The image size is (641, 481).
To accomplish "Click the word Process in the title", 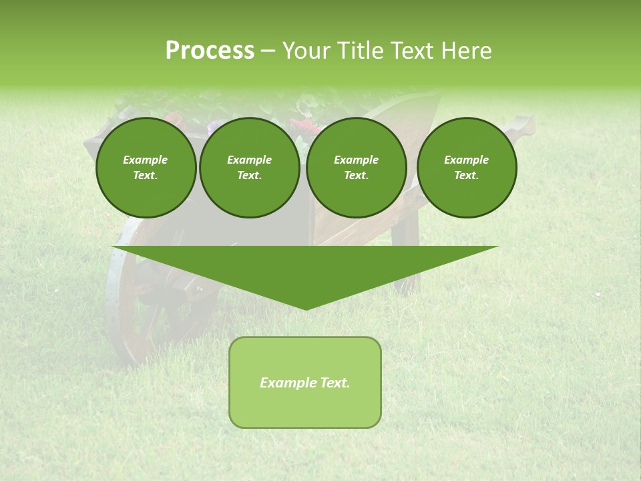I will click(210, 51).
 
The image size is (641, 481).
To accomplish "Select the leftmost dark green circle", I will click(146, 168).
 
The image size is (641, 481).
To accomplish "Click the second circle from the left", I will click(249, 168).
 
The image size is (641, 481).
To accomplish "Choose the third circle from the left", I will click(356, 168).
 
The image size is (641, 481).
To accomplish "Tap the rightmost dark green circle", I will click(466, 168).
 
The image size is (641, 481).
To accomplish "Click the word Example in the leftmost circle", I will click(146, 160).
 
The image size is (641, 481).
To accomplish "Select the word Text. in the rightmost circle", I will click(466, 176).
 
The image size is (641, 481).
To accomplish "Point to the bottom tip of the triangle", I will click(305, 308).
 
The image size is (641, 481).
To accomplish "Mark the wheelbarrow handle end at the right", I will click(524, 126).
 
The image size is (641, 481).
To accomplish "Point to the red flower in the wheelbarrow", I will click(304, 126).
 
